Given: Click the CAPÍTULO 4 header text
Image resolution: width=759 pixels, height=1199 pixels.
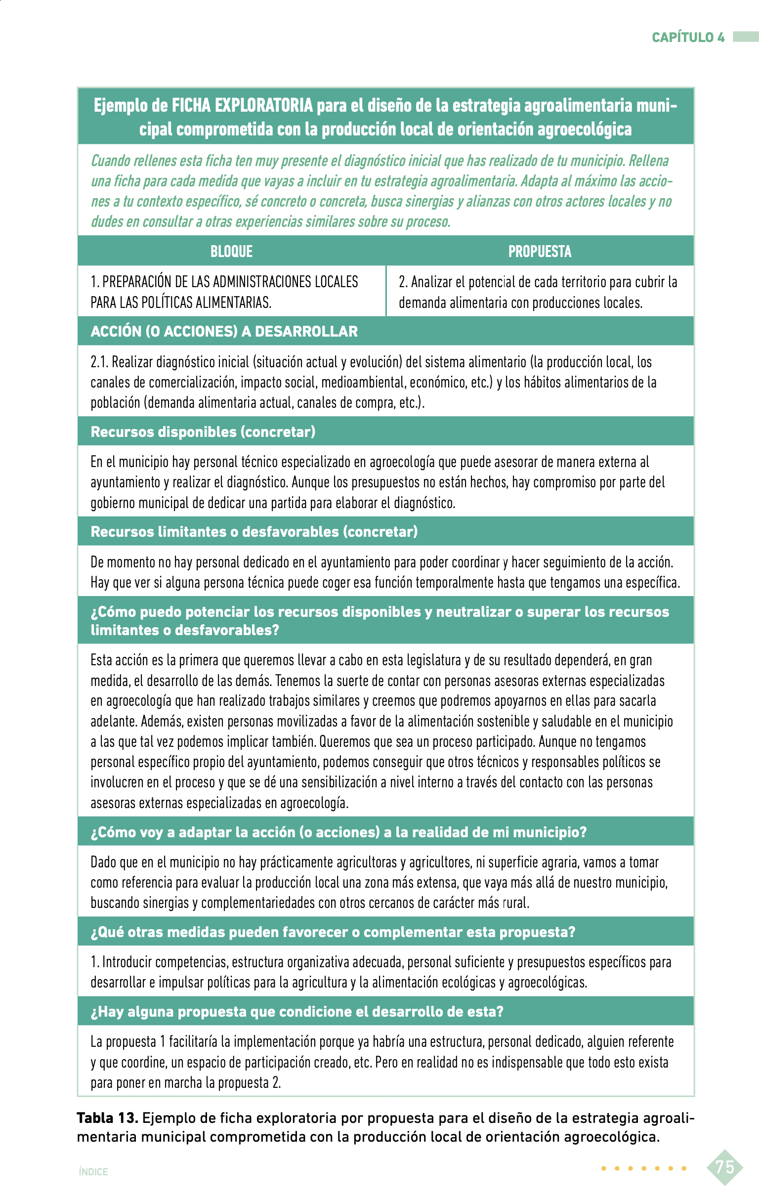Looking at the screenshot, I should coord(688,38).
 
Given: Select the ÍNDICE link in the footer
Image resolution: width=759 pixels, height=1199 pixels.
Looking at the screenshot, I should coord(93,1172).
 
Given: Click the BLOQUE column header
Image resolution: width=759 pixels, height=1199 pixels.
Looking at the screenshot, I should coord(231,251).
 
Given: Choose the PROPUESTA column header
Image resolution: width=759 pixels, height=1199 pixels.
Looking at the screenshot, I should coord(540,251).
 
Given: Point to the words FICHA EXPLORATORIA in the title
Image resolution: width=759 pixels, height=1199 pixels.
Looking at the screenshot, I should coord(242,106).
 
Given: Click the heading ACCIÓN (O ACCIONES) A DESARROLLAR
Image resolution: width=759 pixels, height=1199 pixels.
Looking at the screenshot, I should coord(224,331).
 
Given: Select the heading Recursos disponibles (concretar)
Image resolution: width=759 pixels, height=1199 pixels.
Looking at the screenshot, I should coord(203,431).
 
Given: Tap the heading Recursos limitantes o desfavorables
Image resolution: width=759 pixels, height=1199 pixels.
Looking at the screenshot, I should coord(254,531).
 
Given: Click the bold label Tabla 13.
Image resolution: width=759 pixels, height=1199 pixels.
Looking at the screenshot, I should coord(107,1118).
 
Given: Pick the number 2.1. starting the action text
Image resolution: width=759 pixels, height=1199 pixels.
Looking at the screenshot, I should coord(99,362).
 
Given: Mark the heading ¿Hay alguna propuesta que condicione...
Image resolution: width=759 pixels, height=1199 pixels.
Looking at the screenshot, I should coord(296,1011).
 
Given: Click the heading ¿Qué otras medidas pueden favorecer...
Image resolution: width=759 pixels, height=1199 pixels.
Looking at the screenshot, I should coord(333,932).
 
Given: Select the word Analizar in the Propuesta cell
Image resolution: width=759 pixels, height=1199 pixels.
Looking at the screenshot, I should coord(431,282).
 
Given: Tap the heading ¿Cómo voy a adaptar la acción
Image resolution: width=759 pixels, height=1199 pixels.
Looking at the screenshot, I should coord(338,831).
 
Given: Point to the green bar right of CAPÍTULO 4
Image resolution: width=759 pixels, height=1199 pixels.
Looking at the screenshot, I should coord(746,38).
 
